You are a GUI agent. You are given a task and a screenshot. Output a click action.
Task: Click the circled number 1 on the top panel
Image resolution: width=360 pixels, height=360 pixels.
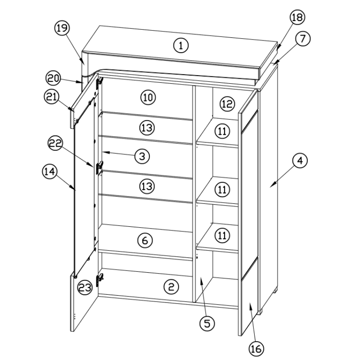(181, 45)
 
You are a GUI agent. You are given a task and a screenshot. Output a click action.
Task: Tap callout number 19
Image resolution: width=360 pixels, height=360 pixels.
(62, 28)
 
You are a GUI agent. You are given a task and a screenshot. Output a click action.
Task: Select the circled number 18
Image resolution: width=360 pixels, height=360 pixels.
(297, 17)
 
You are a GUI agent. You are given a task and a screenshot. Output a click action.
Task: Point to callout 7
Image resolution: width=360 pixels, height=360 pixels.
(302, 38)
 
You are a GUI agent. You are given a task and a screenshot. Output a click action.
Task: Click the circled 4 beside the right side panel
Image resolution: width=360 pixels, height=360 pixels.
(300, 161)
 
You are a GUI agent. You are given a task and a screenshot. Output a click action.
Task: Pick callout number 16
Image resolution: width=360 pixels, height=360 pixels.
(256, 348)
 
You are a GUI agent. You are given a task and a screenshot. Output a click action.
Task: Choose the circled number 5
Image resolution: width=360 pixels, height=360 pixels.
(207, 324)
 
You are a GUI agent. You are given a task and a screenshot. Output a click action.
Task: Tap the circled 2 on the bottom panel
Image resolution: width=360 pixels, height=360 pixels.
(171, 287)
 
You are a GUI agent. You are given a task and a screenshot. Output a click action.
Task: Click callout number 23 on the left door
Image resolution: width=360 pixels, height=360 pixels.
(85, 287)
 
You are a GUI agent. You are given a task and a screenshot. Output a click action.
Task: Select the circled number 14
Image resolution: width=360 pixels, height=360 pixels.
(50, 171)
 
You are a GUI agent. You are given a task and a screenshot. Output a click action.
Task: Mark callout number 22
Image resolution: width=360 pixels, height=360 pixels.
(55, 143)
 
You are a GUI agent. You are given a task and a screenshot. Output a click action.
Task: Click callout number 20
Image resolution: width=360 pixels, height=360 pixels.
(54, 78)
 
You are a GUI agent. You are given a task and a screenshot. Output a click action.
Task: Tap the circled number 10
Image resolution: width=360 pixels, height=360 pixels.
(148, 97)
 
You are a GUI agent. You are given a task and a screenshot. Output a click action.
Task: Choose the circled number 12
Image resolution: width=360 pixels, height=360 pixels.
(227, 104)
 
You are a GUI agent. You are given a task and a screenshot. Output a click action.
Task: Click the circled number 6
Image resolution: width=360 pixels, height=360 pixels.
(145, 240)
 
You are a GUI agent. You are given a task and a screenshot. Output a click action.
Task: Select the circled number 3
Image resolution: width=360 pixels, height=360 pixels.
(142, 156)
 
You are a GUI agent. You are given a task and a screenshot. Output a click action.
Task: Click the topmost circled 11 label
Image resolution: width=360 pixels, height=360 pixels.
(222, 131)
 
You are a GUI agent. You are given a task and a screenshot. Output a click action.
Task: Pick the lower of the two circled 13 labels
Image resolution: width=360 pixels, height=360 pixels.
(147, 186)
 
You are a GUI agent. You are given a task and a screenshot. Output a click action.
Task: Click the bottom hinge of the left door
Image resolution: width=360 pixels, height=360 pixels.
(99, 279)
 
